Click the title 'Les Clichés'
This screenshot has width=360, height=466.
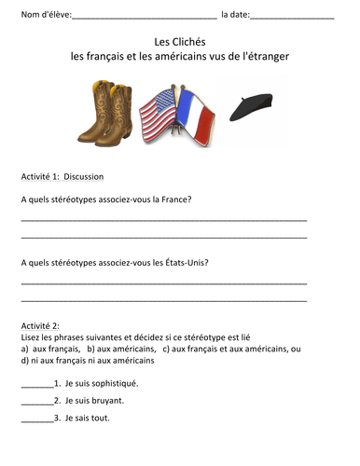click(180, 42)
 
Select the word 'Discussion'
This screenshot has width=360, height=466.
click(84, 176)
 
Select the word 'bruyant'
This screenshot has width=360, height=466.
click(104, 401)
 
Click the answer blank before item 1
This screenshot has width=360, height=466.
click(35, 384)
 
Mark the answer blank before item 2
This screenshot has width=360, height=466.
click(35, 402)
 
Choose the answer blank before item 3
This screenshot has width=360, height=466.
click(35, 419)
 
